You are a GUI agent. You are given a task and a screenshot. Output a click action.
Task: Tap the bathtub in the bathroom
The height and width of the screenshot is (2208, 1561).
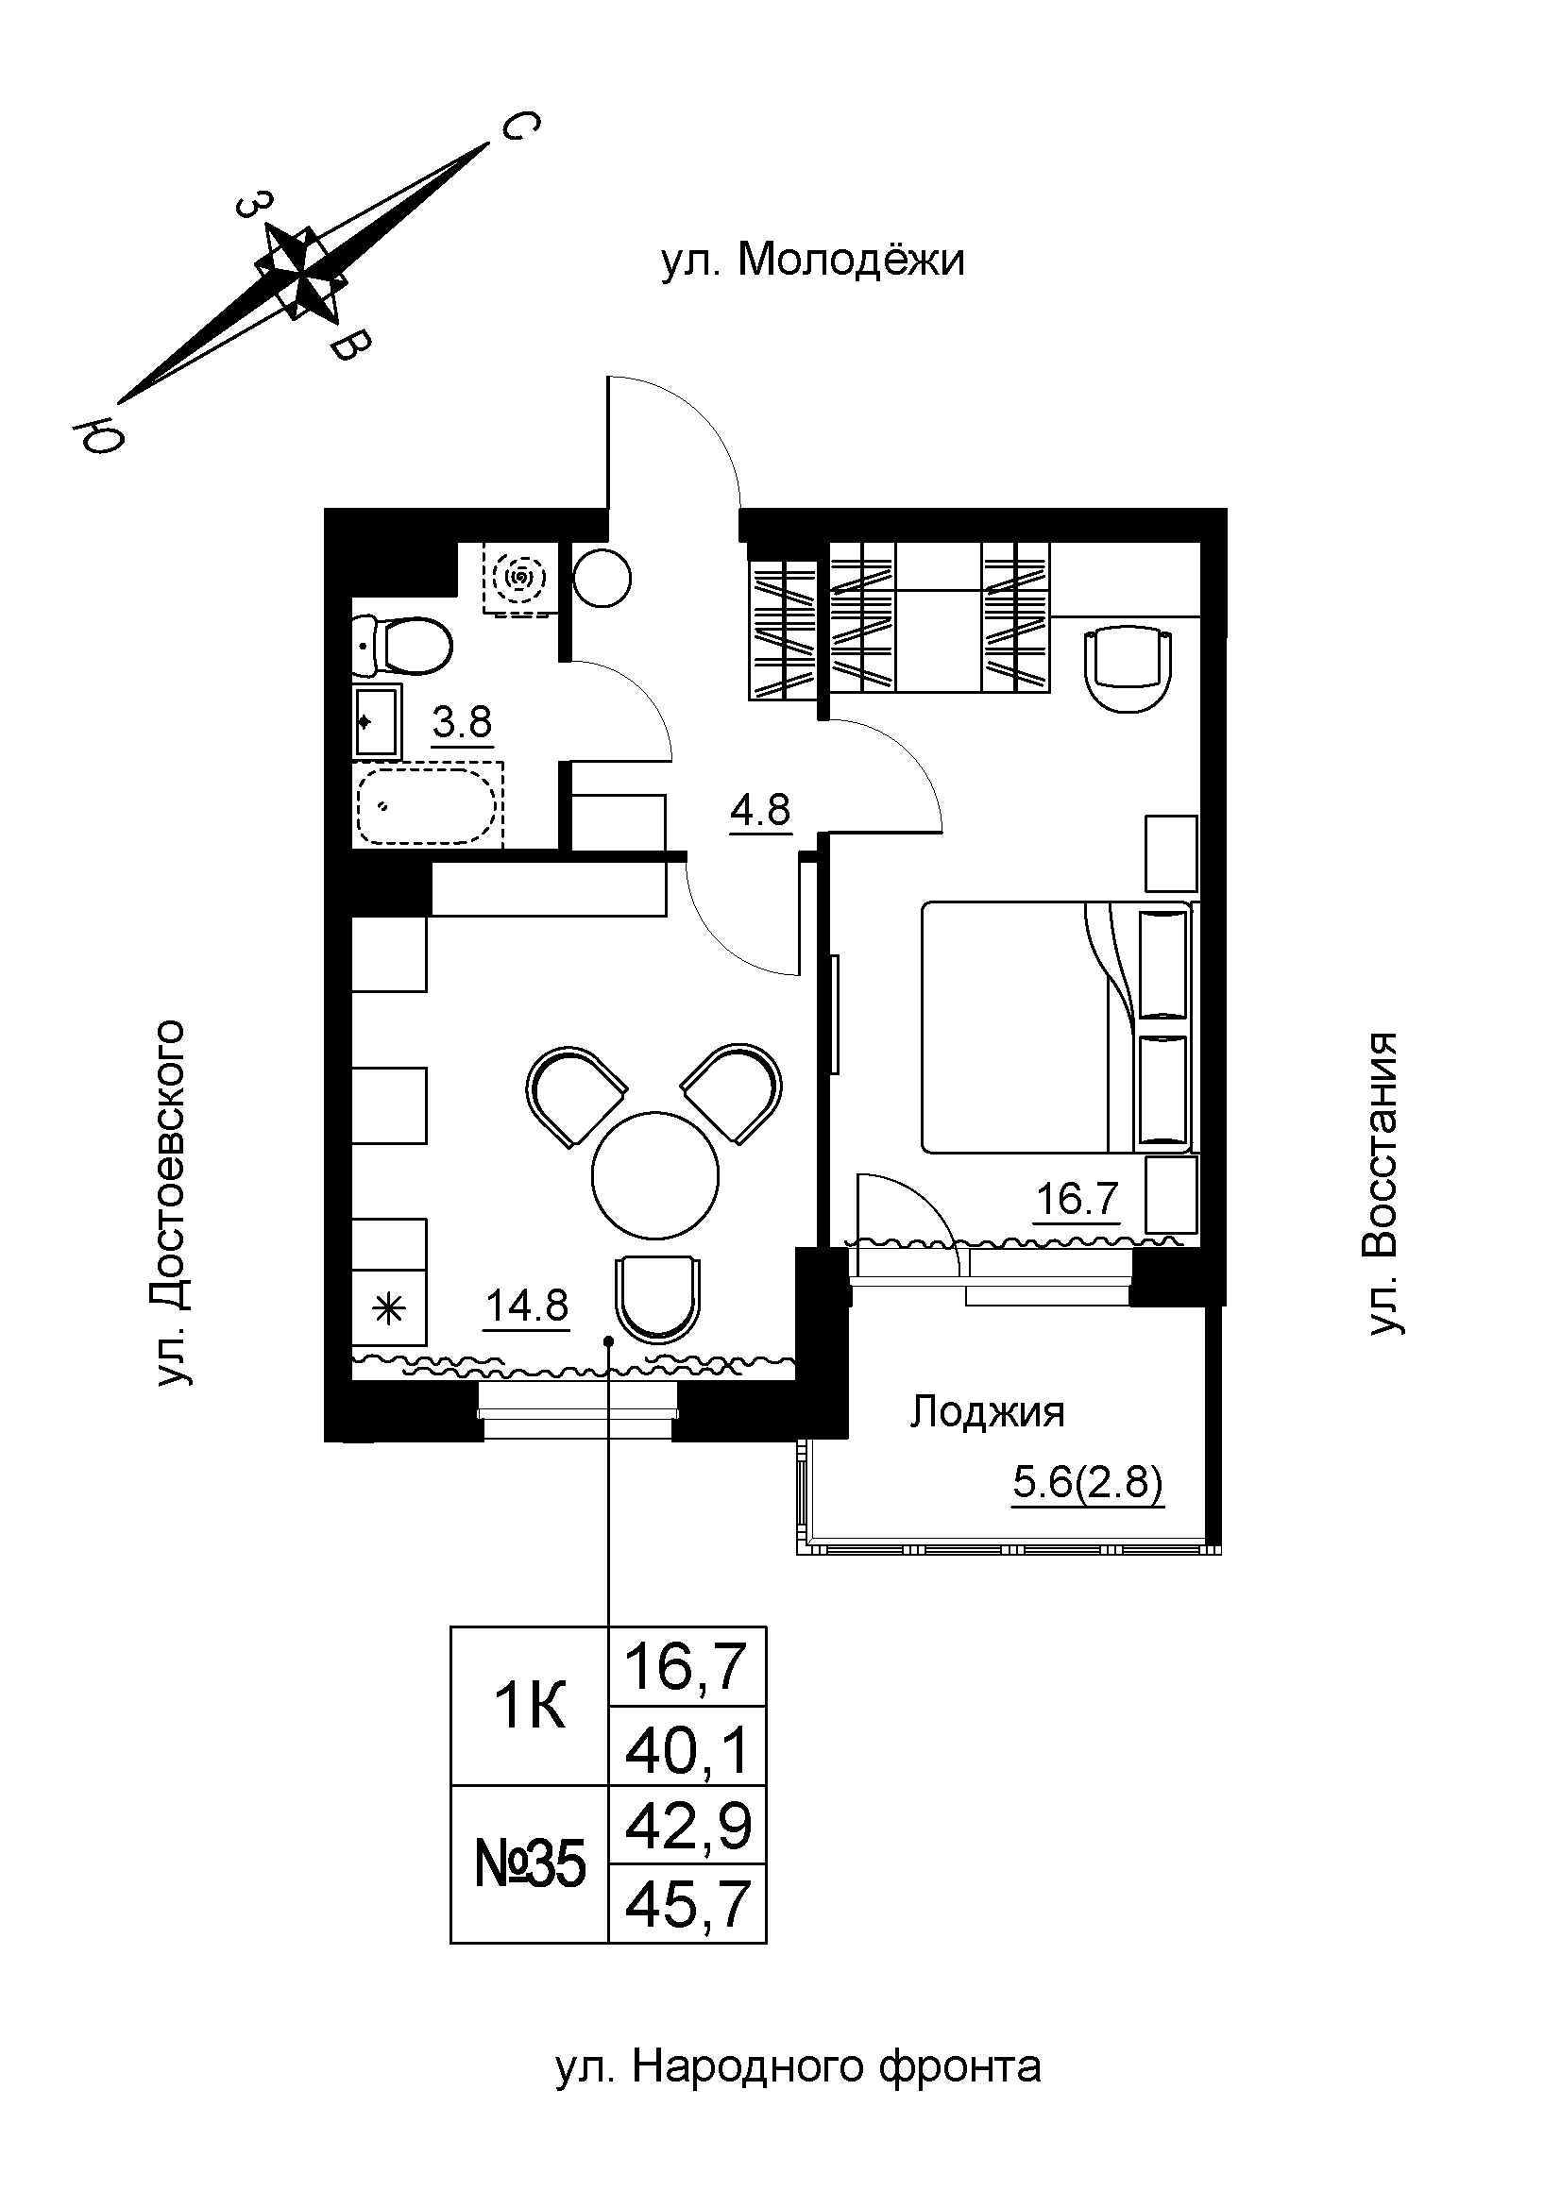click(x=429, y=805)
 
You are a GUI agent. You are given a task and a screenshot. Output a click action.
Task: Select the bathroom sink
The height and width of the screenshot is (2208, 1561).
click(x=377, y=721)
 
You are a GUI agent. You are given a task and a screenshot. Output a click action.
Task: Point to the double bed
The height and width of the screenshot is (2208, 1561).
click(x=1057, y=1026)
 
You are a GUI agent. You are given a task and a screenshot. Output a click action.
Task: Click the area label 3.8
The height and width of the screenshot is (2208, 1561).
click(x=463, y=721)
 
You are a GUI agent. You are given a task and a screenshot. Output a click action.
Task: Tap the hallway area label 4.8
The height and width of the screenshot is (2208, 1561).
click(x=760, y=811)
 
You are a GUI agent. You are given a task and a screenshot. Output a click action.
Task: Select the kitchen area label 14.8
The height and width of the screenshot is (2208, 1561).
click(x=527, y=1306)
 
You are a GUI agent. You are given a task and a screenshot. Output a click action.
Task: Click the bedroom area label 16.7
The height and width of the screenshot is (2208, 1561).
click(x=1077, y=1199)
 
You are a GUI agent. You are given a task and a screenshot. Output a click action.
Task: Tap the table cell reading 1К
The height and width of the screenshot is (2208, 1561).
click(x=530, y=1706)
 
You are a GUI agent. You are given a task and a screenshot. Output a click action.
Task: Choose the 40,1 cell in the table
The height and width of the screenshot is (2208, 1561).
click(x=687, y=1746)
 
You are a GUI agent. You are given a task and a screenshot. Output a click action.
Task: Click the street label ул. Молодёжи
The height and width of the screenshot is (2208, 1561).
click(x=813, y=261)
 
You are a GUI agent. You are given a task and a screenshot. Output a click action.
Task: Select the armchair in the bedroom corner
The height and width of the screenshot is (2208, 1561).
click(x=1129, y=670)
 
